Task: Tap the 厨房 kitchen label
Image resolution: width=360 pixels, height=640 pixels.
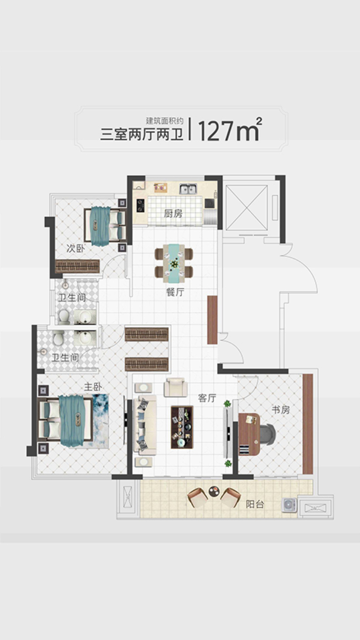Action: (x=173, y=213)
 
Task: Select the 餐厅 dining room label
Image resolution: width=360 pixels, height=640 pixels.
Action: (x=175, y=292)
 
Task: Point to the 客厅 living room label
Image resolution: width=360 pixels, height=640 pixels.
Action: (x=207, y=398)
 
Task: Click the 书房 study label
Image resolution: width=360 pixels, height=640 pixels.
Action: (x=280, y=410)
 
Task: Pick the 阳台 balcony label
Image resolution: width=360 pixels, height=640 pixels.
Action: (x=255, y=504)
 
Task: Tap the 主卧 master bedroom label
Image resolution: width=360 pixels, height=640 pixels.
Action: (x=93, y=387)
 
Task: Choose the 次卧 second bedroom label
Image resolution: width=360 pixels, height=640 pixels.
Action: (x=75, y=249)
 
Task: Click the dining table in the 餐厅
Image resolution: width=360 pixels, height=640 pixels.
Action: (x=174, y=263)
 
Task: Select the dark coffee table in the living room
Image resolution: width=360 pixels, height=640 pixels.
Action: (x=182, y=427)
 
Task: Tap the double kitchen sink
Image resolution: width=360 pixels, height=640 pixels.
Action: (x=188, y=189)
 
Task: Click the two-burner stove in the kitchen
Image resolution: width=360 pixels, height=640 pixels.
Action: (x=140, y=205)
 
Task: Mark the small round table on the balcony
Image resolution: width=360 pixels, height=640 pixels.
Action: (x=214, y=491)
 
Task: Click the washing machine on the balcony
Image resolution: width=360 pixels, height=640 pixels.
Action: (x=289, y=505)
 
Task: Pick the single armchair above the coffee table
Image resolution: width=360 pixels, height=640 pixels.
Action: (x=176, y=387)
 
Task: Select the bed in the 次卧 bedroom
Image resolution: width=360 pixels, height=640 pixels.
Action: (x=105, y=225)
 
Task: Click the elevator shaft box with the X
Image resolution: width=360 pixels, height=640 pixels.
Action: (x=247, y=207)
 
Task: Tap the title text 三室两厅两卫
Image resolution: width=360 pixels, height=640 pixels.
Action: (x=142, y=134)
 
